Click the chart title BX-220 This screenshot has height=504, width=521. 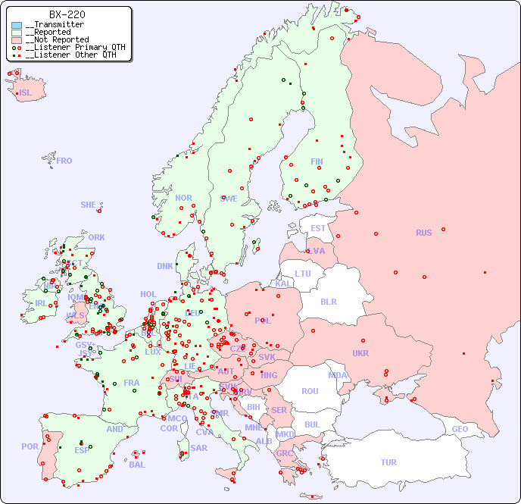tap(67, 14)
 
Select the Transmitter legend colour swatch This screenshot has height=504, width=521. tap(17, 25)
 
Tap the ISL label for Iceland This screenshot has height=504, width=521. tap(26, 93)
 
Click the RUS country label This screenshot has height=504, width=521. tap(423, 233)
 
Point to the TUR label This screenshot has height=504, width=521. tap(388, 462)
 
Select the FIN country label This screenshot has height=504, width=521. tap(317, 161)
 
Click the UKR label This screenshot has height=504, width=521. tap(360, 353)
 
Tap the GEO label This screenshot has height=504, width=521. tap(460, 429)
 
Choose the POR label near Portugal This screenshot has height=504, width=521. tap(30, 446)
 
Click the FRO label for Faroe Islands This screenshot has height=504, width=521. tap(64, 161)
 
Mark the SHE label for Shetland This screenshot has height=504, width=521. tap(89, 205)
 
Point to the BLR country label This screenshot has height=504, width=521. tap(328, 301)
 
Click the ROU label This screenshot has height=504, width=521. tap(310, 391)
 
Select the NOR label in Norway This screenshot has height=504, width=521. tap(183, 198)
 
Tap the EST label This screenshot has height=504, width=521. tap(318, 228)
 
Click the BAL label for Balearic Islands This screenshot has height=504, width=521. tap(136, 465)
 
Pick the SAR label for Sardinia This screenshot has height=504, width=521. tap(198, 448)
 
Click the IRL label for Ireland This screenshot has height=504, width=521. tap(40, 303)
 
